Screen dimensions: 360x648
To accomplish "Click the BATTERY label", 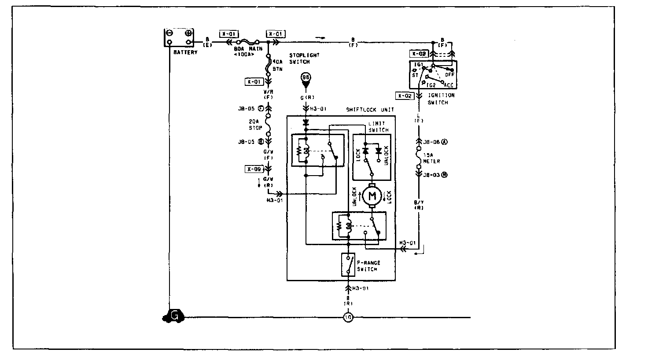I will pos(185,52).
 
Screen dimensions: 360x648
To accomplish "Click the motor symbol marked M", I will pos(372,195).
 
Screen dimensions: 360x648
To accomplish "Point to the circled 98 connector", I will pos(306,78).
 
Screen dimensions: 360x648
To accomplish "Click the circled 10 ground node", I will pos(348,317).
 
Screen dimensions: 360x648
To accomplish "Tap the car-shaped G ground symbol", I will pos(173,316).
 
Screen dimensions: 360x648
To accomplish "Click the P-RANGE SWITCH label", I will pos(368,266).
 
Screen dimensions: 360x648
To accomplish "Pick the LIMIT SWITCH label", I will pos(378,127).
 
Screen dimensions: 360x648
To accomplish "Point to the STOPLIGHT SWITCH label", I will pos(304,59).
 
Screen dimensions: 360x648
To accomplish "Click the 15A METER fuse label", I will pos(431,158).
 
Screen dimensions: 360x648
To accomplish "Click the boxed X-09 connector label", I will pos(254,169).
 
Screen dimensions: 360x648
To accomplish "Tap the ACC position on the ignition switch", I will pos(449,84).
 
